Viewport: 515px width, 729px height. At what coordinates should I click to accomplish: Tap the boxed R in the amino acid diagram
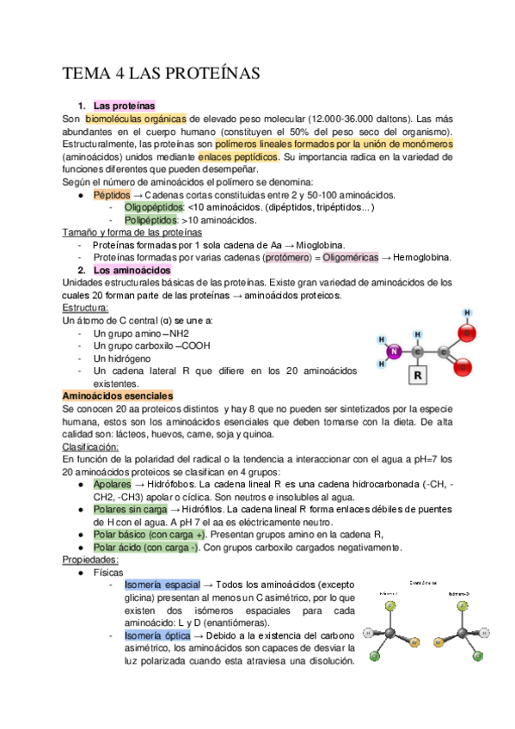pyautogui.click(x=417, y=376)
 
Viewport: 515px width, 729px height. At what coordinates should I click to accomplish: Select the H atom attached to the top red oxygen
pyautogui.click(x=467, y=313)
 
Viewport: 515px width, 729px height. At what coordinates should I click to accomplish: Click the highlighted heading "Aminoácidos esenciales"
pyautogui.click(x=118, y=395)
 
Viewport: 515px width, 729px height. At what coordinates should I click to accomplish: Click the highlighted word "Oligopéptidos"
pyautogui.click(x=154, y=207)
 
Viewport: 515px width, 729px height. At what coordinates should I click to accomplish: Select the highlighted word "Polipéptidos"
pyautogui.click(x=153, y=220)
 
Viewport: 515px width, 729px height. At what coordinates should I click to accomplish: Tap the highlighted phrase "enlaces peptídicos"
pyautogui.click(x=238, y=157)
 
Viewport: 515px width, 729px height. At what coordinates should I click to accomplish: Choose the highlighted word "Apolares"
pyautogui.click(x=113, y=484)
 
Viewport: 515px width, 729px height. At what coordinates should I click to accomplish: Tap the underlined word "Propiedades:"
pyautogui.click(x=91, y=560)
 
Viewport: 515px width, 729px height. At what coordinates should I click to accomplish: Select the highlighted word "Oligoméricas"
pyautogui.click(x=345, y=257)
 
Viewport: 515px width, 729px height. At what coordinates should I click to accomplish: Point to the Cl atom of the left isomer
pyautogui.click(x=374, y=657)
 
